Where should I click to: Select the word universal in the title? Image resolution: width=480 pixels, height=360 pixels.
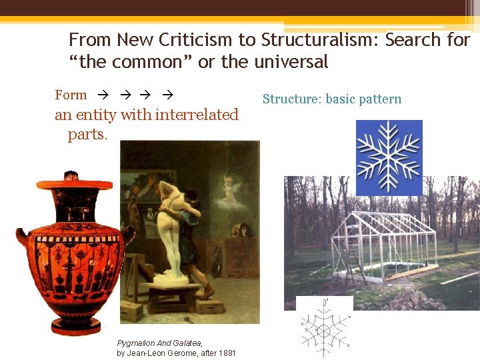291,62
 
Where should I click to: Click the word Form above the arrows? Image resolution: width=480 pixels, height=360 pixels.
71,95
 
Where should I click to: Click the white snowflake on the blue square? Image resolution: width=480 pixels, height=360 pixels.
389,157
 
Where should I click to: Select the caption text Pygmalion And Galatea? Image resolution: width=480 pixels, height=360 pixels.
160,343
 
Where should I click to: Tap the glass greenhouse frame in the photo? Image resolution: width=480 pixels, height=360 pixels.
380,240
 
